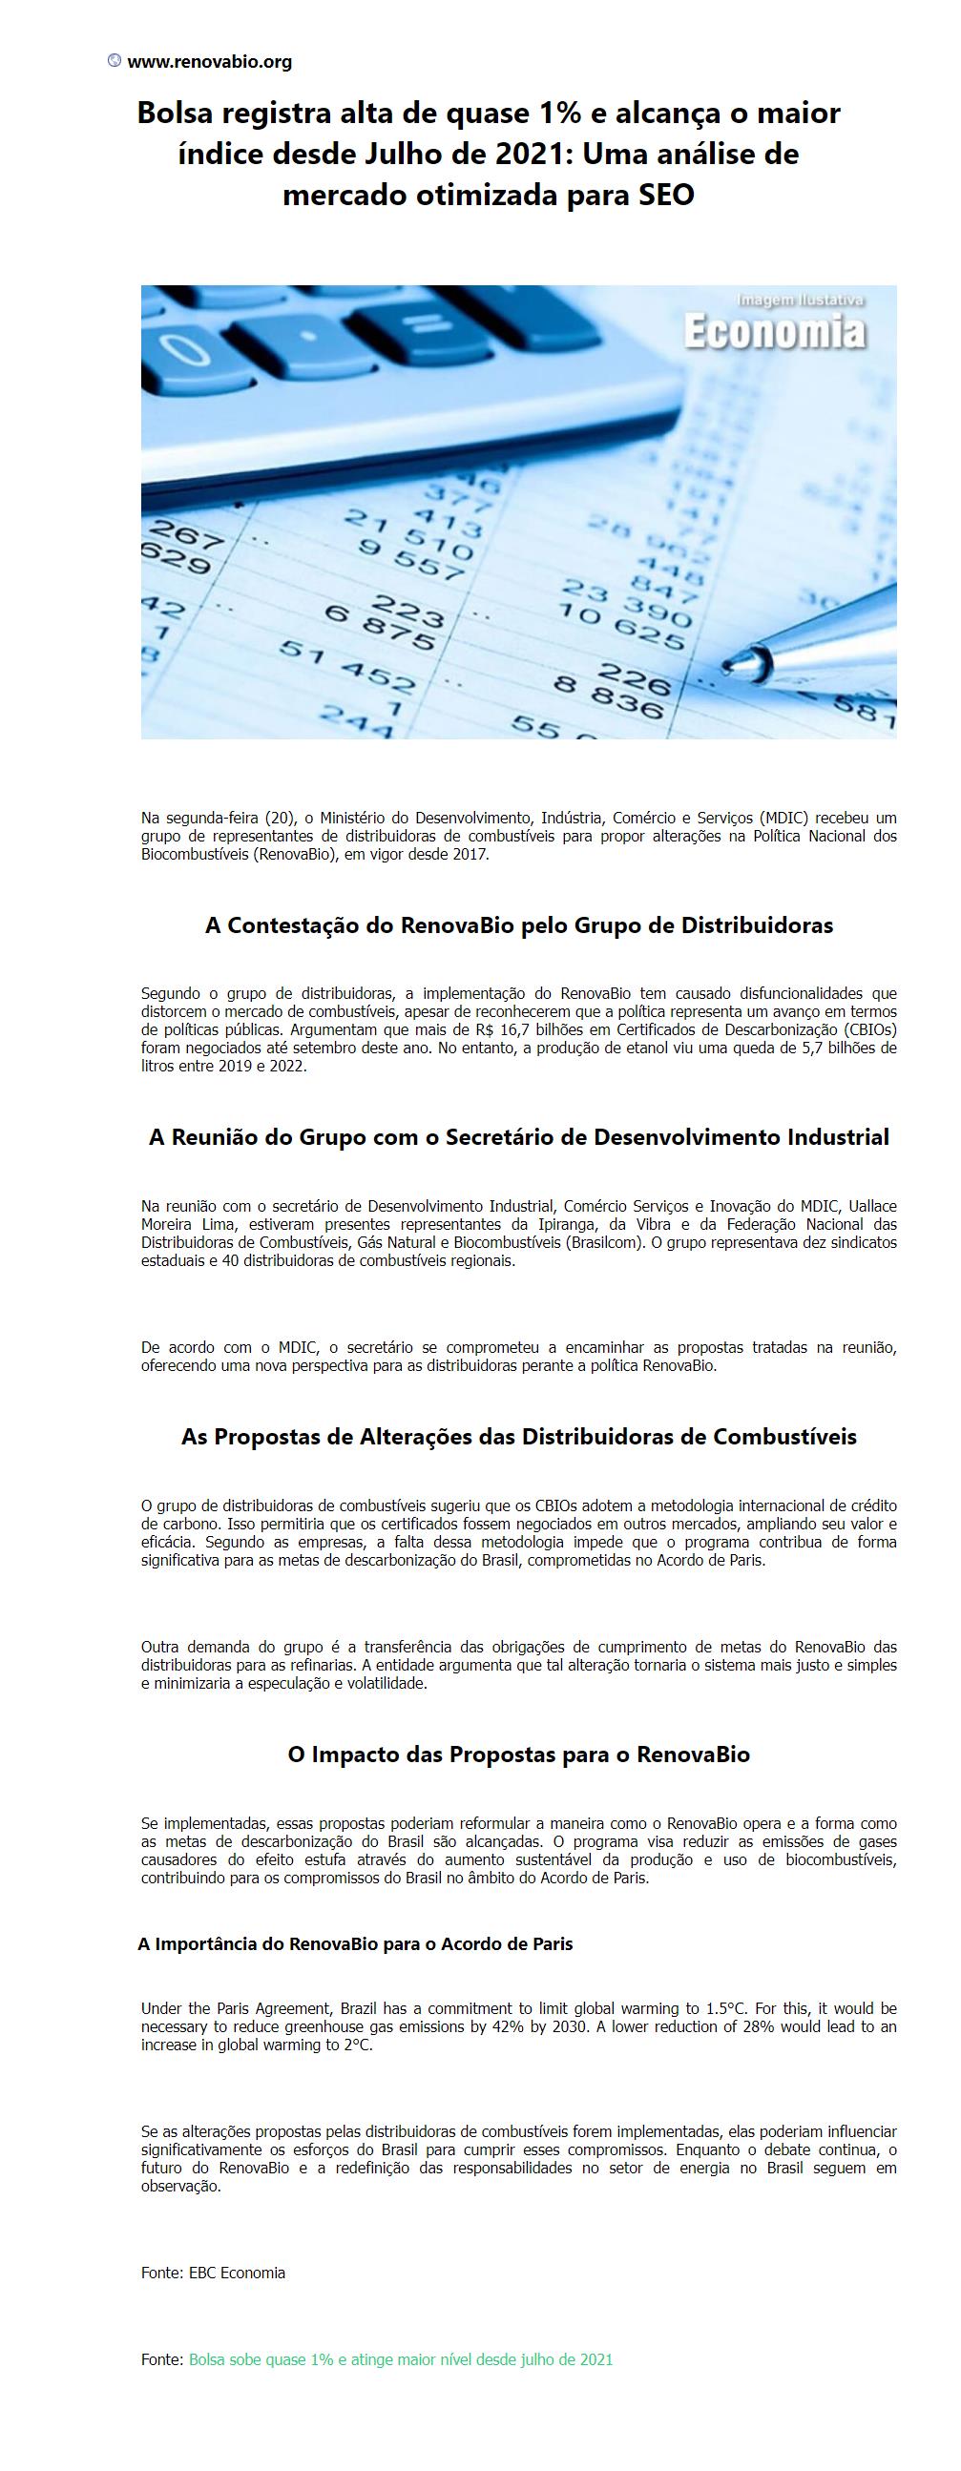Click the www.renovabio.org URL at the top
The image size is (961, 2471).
click(209, 62)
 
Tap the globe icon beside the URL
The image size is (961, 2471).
click(115, 61)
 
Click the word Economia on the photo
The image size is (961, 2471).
click(773, 332)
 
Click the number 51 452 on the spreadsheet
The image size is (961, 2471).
click(347, 665)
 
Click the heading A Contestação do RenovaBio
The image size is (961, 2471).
click(519, 925)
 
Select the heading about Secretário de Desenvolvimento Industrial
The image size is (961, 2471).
click(519, 1137)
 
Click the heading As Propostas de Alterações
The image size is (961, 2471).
click(519, 1437)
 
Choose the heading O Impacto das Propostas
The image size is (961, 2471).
click(519, 1755)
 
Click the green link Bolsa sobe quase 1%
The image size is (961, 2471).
click(401, 2359)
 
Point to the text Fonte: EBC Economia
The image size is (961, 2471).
click(213, 2273)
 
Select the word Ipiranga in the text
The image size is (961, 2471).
click(551, 1224)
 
